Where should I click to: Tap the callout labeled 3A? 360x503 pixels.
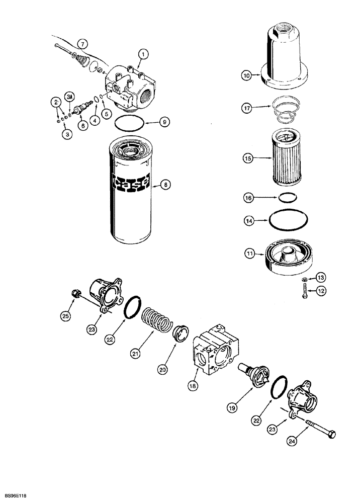[x=69, y=96]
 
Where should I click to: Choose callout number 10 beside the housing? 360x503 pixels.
[x=246, y=76]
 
